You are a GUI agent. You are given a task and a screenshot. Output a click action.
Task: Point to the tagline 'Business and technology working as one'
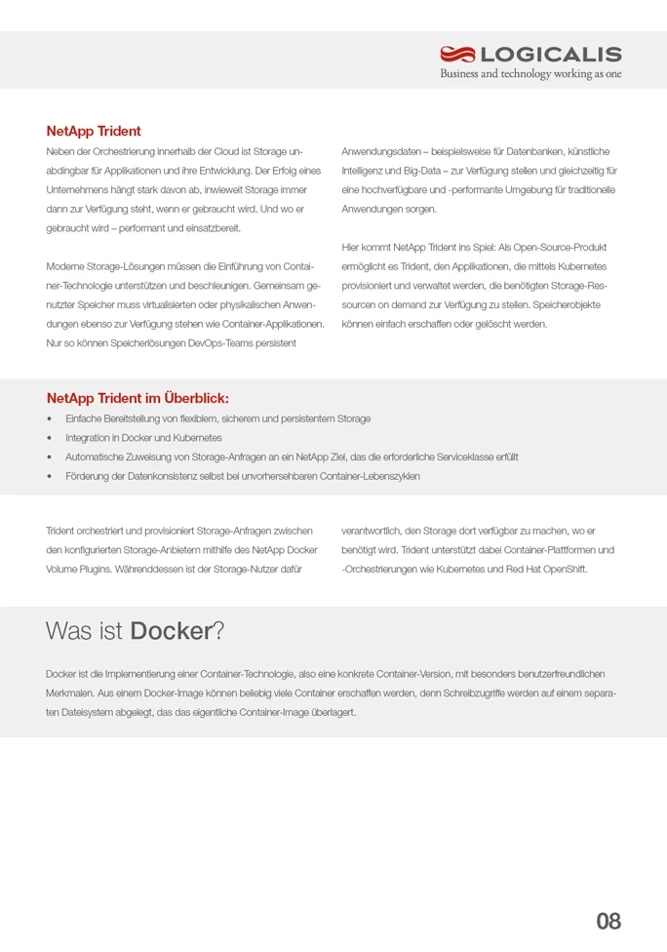(530, 74)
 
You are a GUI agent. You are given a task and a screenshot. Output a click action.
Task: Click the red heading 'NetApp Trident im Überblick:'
(137, 398)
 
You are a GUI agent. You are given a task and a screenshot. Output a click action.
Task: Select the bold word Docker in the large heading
(171, 631)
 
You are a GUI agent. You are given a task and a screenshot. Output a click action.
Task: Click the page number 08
(608, 921)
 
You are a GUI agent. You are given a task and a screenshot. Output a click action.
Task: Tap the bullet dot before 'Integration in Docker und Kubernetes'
(50, 438)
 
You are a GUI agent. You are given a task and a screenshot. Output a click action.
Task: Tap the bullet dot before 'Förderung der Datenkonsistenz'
(50, 476)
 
